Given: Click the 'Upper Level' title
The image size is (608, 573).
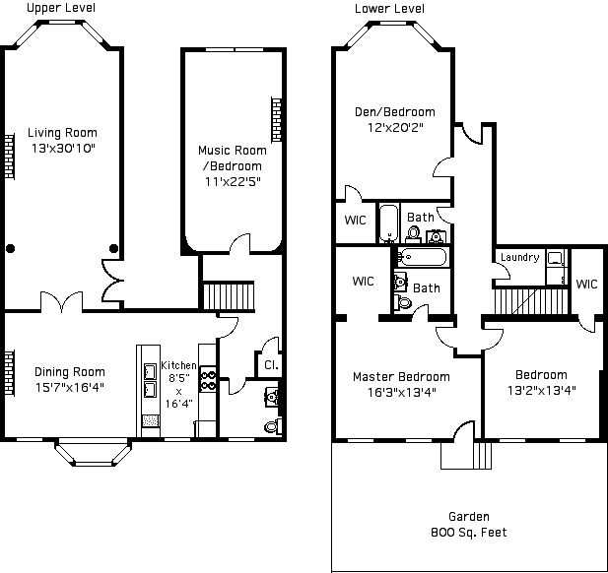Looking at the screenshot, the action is coord(61,8).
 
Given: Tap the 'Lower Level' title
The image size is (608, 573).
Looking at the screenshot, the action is coord(389,9).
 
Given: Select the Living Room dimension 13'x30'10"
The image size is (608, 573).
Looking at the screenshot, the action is coord(63,148).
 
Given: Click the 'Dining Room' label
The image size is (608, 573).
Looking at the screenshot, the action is coord(70,372).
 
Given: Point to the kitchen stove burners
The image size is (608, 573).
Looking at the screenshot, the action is coord(208,380).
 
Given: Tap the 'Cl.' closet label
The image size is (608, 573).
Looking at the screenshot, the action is coord(271,365).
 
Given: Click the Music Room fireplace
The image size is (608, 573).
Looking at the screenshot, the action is coord(276,120).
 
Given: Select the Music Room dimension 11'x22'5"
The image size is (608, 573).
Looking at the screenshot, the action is coord(233,181).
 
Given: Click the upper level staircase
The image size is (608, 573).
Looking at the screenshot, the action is coord(229,296).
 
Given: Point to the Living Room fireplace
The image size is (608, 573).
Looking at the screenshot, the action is coord(9,157).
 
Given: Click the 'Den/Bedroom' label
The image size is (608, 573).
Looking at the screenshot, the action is coord(395,112).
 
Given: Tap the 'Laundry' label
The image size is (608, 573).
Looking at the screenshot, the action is coord(519,257).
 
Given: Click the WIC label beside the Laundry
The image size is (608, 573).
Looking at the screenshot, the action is coord(586,284).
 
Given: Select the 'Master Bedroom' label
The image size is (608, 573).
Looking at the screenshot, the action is coord(401,376).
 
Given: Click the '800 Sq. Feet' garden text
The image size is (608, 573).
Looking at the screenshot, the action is coord(469,533).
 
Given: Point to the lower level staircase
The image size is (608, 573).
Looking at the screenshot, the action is coord(531,301).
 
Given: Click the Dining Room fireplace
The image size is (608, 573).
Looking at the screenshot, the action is coord(9,373).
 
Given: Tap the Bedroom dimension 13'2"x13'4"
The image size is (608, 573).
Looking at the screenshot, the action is coord(541,390).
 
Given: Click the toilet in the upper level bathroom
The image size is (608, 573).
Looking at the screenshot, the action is coord(273,426).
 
